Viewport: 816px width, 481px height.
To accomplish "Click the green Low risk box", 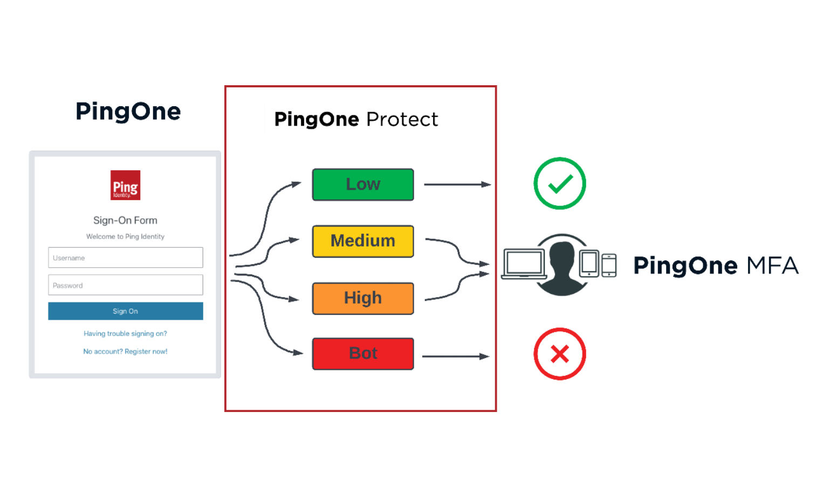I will (x=363, y=184).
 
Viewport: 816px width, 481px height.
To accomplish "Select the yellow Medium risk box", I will (x=363, y=240).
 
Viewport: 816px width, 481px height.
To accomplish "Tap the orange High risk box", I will (x=363, y=298).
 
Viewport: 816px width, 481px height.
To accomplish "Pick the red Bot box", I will (x=363, y=353).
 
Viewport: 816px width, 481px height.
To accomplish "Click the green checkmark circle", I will (x=560, y=183).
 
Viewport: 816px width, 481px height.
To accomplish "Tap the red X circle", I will (x=560, y=354).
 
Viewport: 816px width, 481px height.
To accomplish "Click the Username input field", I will (x=125, y=258).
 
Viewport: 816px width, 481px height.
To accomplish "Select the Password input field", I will (x=125, y=285).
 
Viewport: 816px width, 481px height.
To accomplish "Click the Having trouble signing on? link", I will (x=125, y=334).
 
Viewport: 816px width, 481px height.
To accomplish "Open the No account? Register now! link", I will (x=125, y=352).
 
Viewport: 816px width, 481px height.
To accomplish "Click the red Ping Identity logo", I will (x=125, y=185).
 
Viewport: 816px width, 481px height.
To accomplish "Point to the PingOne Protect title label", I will (x=356, y=119).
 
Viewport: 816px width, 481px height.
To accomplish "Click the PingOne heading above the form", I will (x=128, y=112).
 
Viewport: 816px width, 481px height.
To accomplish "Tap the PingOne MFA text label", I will (x=716, y=266).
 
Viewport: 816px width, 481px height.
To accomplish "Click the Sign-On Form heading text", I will (x=125, y=220).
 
